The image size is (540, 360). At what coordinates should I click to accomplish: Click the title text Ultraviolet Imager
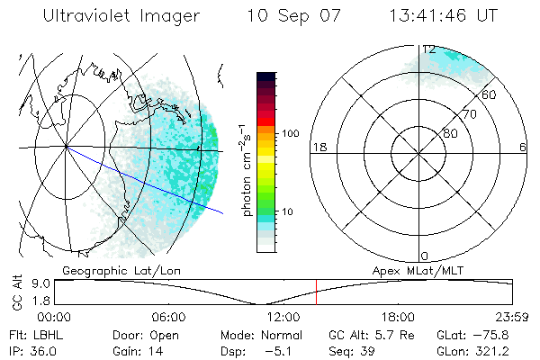(115, 16)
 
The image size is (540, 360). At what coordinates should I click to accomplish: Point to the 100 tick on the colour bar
(292, 133)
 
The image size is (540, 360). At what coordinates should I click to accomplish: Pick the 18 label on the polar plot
(318, 147)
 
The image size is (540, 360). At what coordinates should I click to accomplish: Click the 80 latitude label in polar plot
(450, 133)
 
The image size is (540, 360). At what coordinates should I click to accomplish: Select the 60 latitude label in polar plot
(490, 94)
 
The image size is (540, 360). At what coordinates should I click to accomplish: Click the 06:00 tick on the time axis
(168, 317)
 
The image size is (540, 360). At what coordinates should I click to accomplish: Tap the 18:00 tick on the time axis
(398, 317)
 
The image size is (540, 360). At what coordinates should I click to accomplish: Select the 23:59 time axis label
(512, 317)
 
